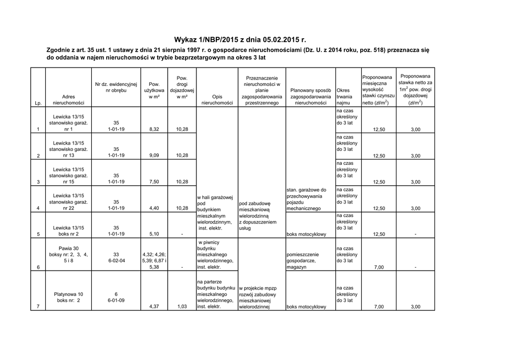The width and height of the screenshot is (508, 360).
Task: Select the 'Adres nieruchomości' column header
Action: (68, 100)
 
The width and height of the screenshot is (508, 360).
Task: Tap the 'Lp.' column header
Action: (38, 103)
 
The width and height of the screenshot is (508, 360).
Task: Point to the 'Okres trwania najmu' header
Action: (344, 96)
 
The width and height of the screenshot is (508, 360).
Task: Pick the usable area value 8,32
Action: (154, 130)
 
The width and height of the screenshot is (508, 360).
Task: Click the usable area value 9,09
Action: (154, 156)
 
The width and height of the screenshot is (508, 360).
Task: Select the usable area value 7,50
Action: (154, 182)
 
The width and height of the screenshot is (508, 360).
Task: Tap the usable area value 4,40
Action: (154, 208)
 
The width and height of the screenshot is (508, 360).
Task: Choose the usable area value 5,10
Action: (154, 234)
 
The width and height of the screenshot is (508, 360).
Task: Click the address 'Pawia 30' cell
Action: (68, 248)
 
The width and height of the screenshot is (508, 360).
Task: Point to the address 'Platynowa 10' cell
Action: (68, 294)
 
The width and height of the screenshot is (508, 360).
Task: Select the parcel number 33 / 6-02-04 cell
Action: (116, 257)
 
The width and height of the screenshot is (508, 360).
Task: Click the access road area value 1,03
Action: (182, 307)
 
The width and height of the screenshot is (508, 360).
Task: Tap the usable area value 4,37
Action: (154, 307)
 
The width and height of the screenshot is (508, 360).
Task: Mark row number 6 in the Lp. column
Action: (38, 267)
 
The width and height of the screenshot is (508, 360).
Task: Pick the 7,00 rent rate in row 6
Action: (379, 267)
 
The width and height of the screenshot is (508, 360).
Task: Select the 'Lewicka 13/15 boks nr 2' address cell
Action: (68, 231)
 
